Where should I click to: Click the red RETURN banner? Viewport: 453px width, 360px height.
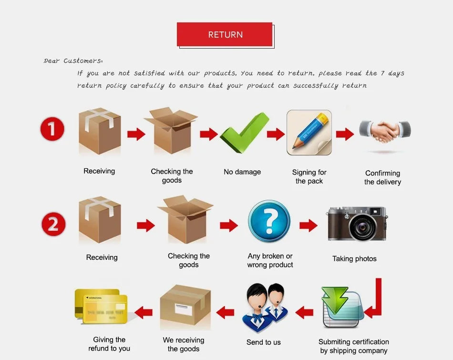click(x=225, y=34)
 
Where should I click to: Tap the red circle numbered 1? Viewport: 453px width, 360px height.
click(x=52, y=130)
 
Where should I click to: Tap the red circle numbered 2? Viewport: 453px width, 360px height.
click(x=53, y=224)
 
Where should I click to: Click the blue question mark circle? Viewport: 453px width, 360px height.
click(x=269, y=221)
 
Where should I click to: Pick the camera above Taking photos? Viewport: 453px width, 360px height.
click(x=357, y=223)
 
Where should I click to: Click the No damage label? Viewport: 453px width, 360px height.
click(x=242, y=172)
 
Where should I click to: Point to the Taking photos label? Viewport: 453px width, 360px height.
click(x=354, y=259)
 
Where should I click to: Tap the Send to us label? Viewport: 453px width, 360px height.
click(x=263, y=342)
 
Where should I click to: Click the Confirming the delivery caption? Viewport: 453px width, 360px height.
click(x=382, y=177)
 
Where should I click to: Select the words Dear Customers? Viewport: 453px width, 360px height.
click(x=73, y=61)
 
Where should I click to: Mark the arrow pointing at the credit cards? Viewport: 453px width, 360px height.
click(x=144, y=313)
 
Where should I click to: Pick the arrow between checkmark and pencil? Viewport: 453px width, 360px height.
click(x=276, y=134)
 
